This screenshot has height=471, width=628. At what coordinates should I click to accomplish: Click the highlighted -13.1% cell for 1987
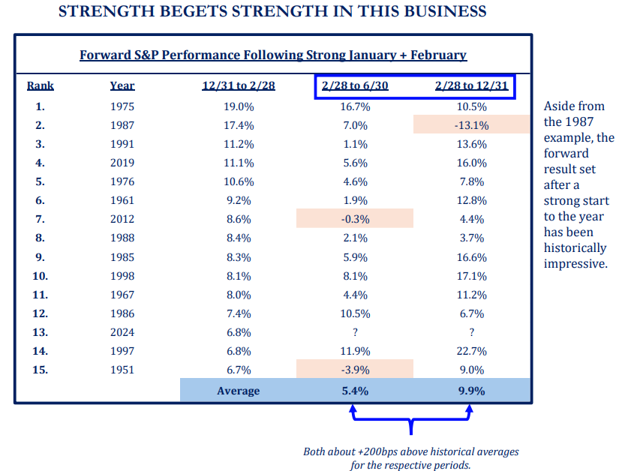click(471, 125)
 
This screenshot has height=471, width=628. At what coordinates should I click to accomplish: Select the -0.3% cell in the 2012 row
click(355, 219)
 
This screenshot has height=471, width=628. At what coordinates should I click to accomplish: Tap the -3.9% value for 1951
click(355, 370)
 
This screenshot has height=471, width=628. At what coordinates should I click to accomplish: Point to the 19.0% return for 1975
click(239, 106)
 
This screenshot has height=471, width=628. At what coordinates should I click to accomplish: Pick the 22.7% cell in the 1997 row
click(471, 351)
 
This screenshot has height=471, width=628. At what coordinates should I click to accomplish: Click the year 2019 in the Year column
click(122, 163)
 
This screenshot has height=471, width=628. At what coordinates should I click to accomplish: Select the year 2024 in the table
click(122, 332)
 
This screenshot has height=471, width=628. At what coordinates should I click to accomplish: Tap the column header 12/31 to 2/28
click(239, 85)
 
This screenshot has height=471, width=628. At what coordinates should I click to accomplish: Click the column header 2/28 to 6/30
click(355, 85)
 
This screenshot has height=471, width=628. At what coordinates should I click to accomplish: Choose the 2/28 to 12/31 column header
click(471, 85)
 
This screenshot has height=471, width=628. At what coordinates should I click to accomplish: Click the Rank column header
click(41, 85)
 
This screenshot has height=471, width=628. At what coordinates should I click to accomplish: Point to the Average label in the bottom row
click(239, 391)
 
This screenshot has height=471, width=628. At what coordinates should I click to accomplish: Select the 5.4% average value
click(355, 391)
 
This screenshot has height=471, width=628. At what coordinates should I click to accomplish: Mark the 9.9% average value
click(471, 391)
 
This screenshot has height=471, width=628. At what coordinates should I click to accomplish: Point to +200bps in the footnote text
click(383, 451)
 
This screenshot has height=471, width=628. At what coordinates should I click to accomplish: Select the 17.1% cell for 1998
click(471, 275)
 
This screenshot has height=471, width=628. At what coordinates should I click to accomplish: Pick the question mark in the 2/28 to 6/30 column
click(355, 332)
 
